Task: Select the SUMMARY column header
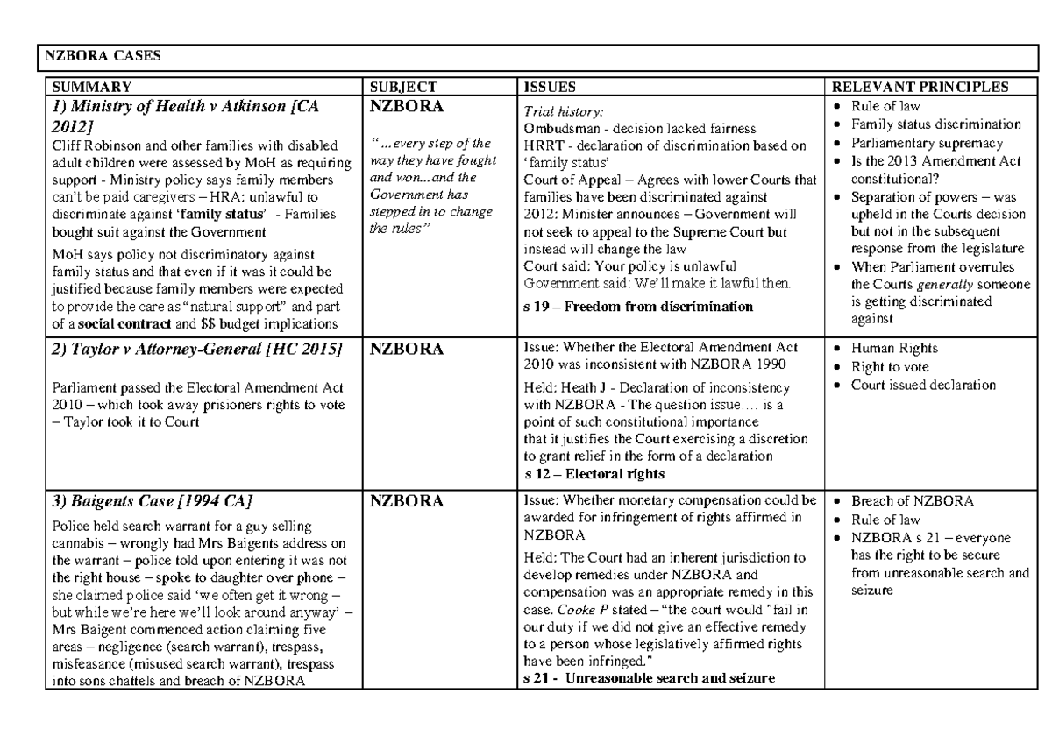pos(92,87)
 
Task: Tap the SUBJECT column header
pos(403,87)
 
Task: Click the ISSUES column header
pos(550,87)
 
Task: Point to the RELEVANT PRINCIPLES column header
pos(920,87)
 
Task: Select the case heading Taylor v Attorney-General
pos(198,350)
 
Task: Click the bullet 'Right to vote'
pos(890,367)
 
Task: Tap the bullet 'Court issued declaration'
pos(923,384)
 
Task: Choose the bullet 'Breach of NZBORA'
pos(906,501)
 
